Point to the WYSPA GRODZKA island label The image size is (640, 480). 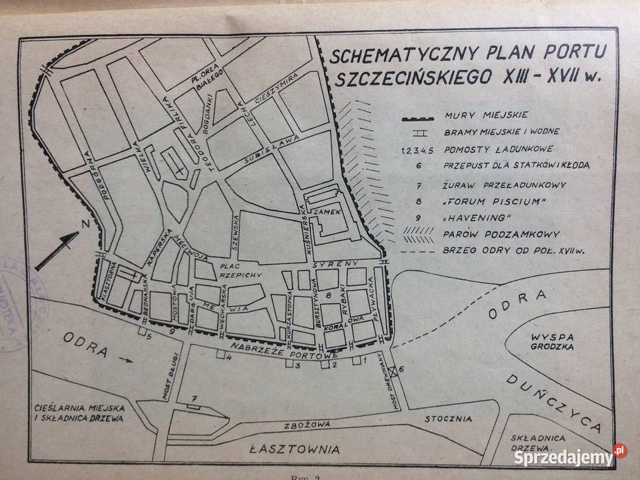click(549, 340)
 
